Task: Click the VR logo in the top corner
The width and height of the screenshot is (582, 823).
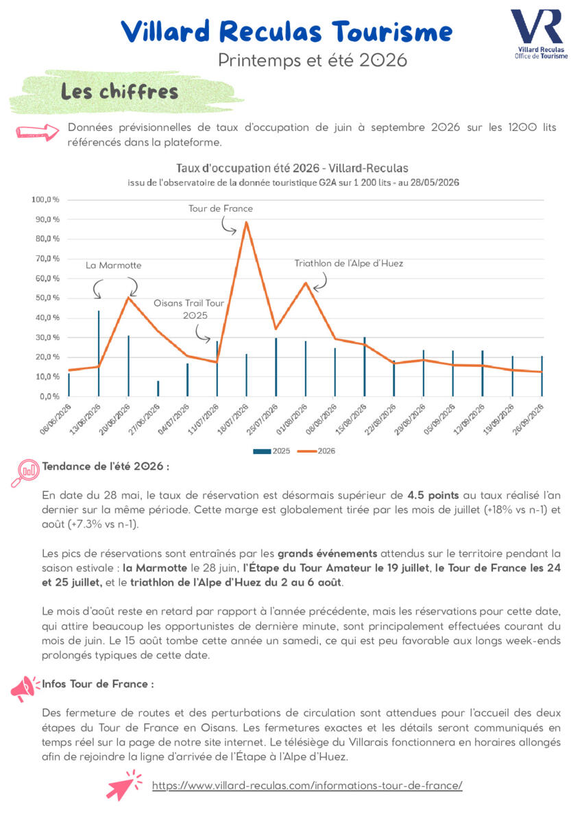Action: click(x=539, y=34)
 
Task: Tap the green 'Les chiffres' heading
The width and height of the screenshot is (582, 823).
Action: click(x=120, y=91)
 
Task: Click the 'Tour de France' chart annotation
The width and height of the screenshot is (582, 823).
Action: click(x=221, y=208)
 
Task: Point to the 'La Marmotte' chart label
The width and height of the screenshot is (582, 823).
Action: click(x=114, y=265)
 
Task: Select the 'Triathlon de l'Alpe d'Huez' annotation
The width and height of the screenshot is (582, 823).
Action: click(x=348, y=263)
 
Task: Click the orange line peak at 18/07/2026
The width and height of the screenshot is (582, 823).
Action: click(x=246, y=222)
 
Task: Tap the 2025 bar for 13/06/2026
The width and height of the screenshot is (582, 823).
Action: click(x=99, y=353)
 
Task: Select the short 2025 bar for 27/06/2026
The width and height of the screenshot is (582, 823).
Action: click(x=158, y=388)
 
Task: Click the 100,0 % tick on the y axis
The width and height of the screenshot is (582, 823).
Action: click(x=45, y=200)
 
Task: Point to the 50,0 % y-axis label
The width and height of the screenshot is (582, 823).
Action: click(x=47, y=298)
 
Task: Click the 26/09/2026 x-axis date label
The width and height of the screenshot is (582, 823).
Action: click(x=529, y=419)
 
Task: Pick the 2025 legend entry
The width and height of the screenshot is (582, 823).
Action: click(x=271, y=451)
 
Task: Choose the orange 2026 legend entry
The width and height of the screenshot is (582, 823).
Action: click(x=316, y=451)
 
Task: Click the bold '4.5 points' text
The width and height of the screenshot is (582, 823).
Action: click(x=433, y=495)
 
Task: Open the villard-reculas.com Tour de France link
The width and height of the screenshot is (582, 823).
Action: click(x=307, y=785)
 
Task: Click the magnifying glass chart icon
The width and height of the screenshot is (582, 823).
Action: click(x=25, y=473)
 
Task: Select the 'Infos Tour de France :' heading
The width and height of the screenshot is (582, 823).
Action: click(x=98, y=684)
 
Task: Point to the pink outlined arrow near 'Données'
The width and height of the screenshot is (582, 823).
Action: click(x=38, y=132)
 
